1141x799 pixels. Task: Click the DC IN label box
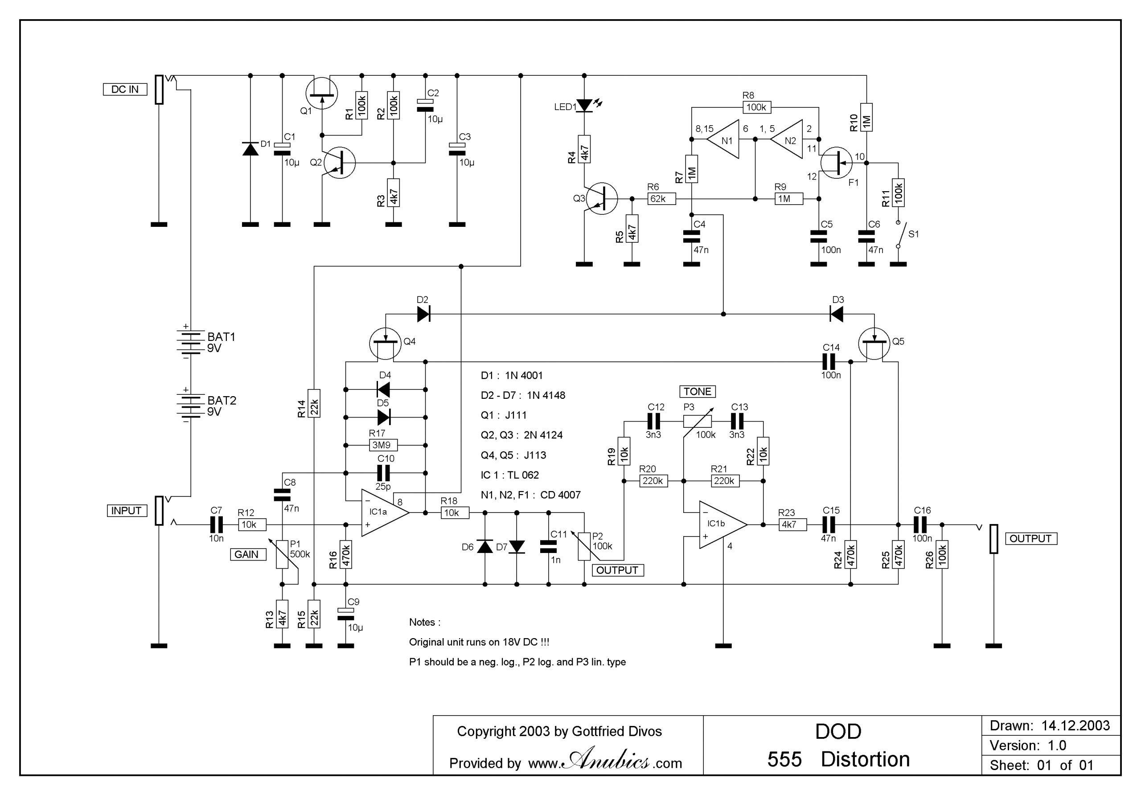(125, 90)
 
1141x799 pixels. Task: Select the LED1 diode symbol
(584, 105)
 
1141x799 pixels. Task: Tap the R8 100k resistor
(756, 107)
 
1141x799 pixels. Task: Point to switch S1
(899, 234)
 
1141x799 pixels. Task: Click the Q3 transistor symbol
(601, 199)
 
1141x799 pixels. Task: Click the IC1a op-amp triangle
(383, 513)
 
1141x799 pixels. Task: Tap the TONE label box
(697, 392)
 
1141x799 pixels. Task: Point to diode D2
(423, 314)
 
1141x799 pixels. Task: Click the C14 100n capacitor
(830, 361)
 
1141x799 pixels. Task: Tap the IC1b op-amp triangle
(721, 524)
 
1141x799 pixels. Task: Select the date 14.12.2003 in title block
(1075, 726)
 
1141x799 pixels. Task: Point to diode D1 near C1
(250, 148)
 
